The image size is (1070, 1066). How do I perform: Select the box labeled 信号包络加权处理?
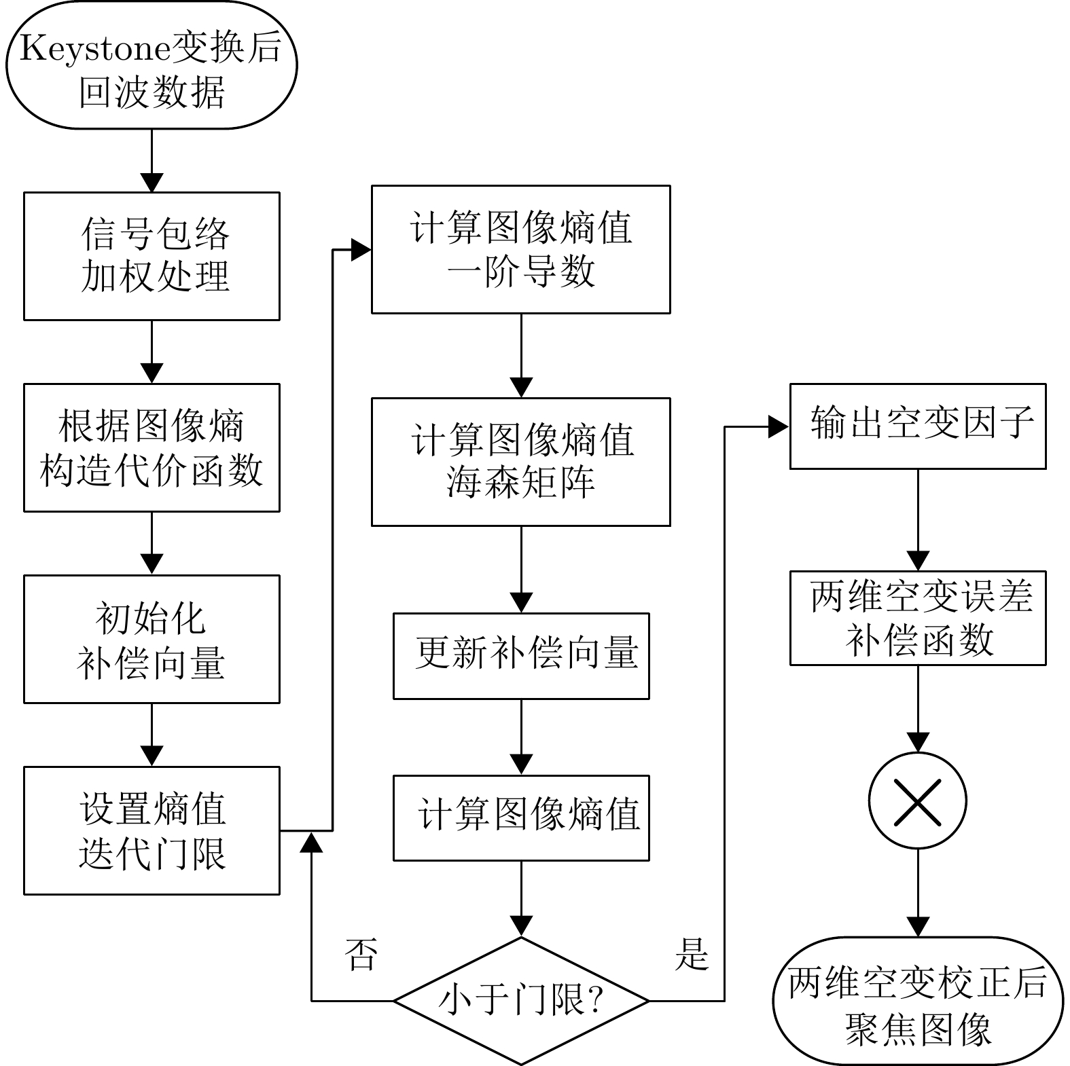[x=151, y=256]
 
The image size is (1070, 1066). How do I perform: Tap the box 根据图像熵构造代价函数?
[x=151, y=447]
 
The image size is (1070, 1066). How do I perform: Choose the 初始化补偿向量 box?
[x=151, y=639]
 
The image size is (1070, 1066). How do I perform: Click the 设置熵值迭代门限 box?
[x=151, y=830]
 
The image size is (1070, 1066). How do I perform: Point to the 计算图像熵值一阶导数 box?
[x=520, y=249]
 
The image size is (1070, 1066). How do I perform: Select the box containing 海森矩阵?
[x=520, y=462]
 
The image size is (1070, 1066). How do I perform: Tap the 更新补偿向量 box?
[x=521, y=656]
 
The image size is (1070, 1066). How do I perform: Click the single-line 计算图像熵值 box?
[x=521, y=817]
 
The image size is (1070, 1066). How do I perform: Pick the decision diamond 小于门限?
[x=521, y=1000]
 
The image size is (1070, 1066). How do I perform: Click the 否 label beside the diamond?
[x=361, y=955]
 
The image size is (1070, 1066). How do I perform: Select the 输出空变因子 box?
[x=917, y=426]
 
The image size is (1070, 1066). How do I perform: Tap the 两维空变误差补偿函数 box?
[x=917, y=618]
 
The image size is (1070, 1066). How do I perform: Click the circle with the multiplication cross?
[x=917, y=801]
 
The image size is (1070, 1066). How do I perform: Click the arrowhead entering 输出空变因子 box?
[x=779, y=427]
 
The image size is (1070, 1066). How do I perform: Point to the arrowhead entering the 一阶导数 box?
[x=361, y=250]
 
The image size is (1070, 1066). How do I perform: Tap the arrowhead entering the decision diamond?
[x=521, y=927]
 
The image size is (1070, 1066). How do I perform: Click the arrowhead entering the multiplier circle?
[x=918, y=742]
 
